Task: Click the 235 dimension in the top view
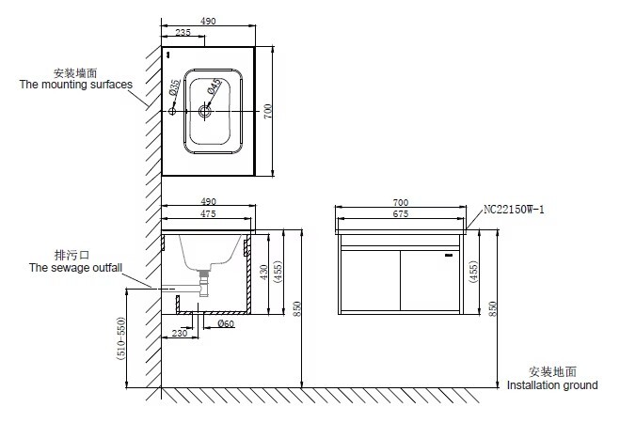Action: click(183, 32)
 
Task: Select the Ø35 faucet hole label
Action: click(174, 87)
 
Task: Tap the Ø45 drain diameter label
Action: click(214, 86)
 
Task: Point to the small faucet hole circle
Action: click(172, 111)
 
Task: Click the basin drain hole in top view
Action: click(205, 111)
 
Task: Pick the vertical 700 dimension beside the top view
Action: click(268, 111)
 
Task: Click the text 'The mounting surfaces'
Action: click(76, 85)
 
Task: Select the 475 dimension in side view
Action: click(208, 213)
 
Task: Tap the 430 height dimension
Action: click(264, 272)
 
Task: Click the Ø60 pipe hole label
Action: click(226, 323)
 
